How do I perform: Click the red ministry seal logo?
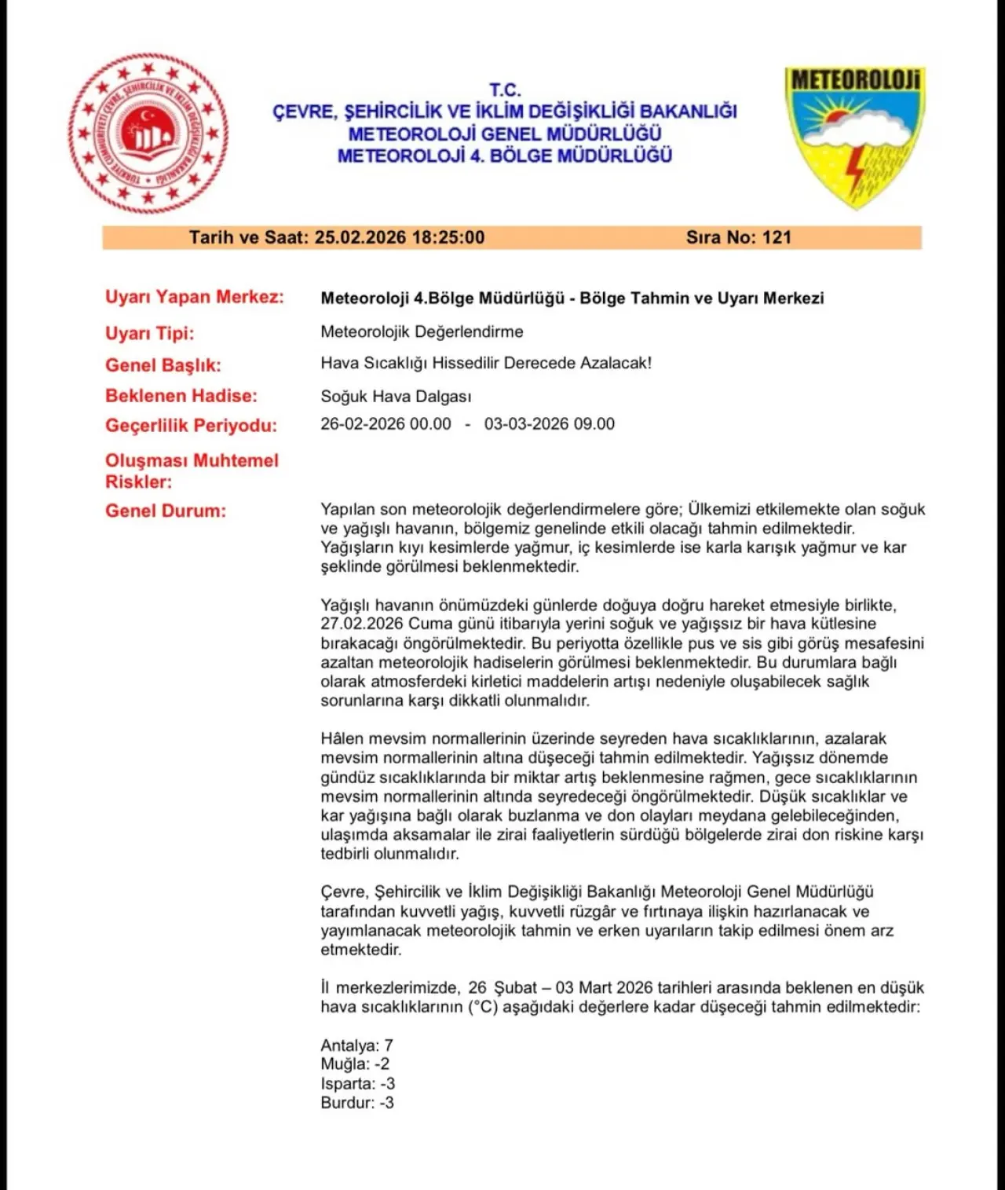pos(148,133)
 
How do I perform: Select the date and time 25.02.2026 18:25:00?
pos(400,237)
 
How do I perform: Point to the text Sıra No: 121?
pos(739,237)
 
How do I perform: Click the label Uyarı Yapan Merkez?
pos(195,297)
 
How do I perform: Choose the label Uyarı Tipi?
pos(150,333)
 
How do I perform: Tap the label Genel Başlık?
pos(163,364)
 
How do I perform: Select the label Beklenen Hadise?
pos(181,395)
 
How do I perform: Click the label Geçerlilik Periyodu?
pos(192,426)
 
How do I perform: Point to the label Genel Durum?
pos(166,511)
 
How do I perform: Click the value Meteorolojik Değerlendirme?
pos(422,331)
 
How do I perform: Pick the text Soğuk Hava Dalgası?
pos(396,396)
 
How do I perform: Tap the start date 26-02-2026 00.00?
pos(386,424)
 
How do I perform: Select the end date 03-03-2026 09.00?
pos(550,424)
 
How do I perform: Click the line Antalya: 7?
pos(356,1045)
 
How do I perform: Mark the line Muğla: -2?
pos(355,1064)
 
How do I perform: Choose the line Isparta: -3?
pos(357,1084)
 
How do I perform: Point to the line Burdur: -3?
pos(357,1103)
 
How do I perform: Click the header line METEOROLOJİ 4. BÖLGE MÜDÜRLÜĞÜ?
pos(505,156)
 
